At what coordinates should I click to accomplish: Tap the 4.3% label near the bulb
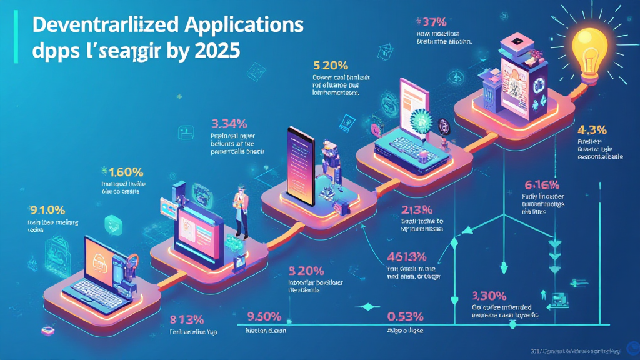click(x=593, y=131)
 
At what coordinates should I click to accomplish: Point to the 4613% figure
click(x=406, y=256)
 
